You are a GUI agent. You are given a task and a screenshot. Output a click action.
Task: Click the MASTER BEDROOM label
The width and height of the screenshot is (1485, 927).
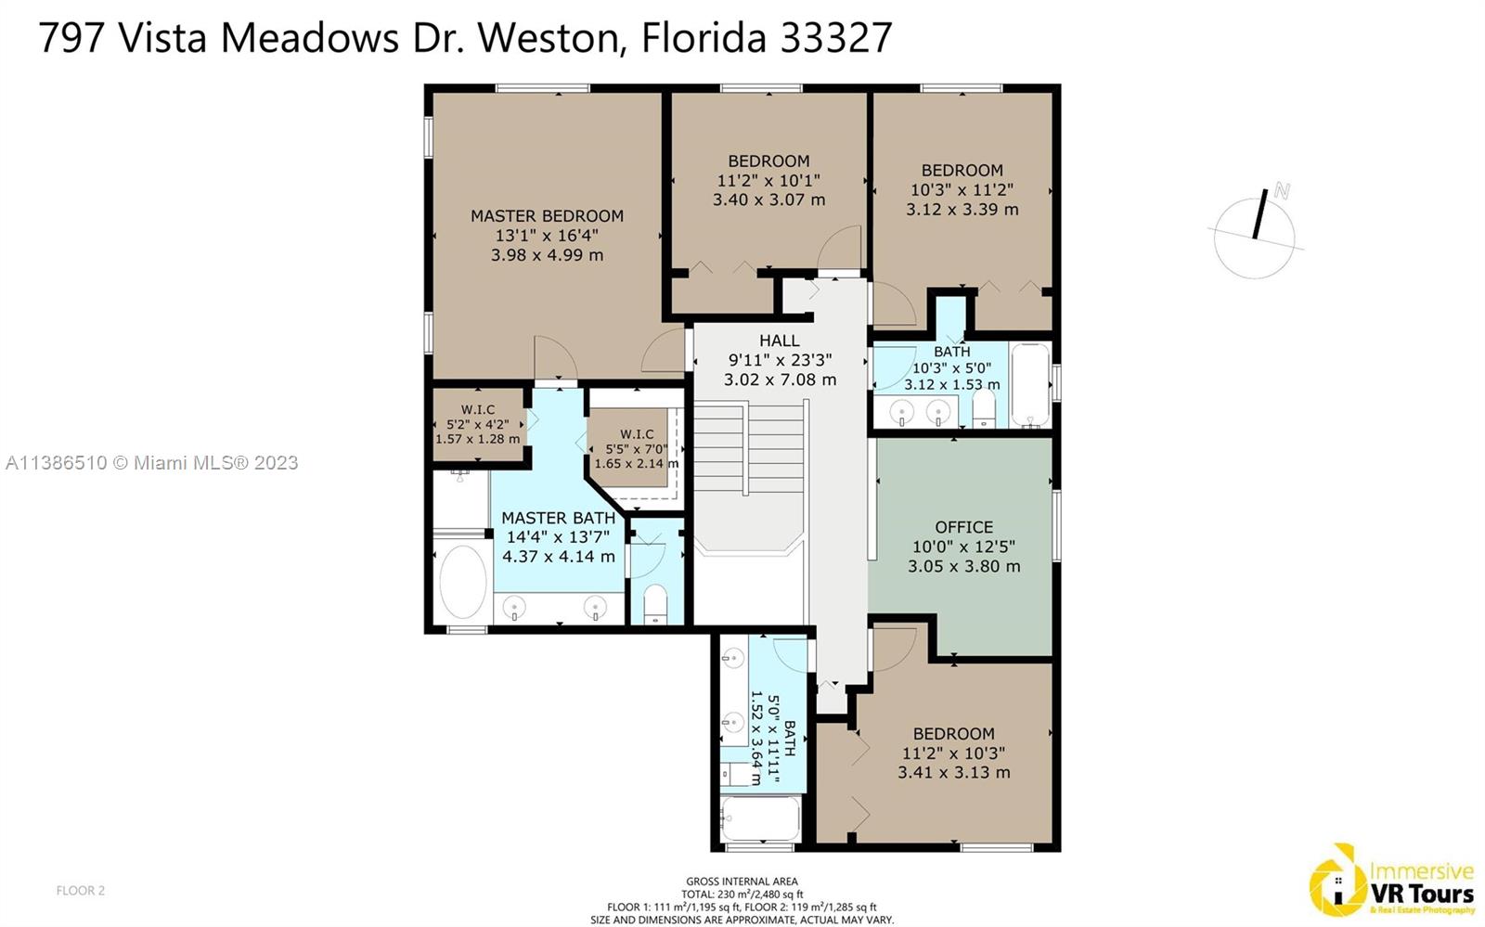coord(547,216)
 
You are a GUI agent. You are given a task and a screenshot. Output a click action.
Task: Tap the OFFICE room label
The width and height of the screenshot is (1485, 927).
coord(964,527)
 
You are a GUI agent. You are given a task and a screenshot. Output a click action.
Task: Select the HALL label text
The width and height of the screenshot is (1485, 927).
coord(780,341)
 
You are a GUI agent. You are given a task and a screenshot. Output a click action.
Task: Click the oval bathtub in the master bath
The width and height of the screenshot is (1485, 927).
coord(463,583)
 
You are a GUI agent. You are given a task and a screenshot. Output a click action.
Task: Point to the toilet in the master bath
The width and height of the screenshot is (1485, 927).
coord(655,604)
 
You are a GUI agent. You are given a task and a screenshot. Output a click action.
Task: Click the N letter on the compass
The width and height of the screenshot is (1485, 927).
coord(1282,191)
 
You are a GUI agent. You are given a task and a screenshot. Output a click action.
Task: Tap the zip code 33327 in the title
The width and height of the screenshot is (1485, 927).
coord(835,38)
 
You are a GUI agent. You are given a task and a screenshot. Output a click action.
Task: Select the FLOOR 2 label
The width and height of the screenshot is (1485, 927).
coord(80,891)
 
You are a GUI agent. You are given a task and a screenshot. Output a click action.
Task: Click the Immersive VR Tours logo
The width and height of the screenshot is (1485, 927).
coord(1391,880)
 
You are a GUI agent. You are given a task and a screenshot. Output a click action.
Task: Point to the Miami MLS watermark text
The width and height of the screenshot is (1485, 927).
coord(152,462)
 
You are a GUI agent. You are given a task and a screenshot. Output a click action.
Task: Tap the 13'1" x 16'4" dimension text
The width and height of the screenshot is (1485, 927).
coord(547,235)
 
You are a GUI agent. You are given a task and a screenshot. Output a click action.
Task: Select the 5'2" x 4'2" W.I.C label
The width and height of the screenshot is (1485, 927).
coord(477,424)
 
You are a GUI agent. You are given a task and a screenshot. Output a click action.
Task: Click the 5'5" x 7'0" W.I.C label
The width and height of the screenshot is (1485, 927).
coord(637,448)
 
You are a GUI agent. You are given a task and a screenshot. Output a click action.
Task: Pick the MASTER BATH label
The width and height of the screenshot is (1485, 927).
coord(558,518)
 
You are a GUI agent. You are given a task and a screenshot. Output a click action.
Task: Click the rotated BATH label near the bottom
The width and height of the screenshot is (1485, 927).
coord(790,739)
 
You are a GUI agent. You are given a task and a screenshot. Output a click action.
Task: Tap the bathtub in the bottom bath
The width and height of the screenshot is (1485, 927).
coord(761,819)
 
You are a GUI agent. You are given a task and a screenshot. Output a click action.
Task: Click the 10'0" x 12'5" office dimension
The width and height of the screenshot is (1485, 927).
coord(964,547)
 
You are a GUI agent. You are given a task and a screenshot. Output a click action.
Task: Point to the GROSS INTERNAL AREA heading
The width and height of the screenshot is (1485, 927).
coord(742,882)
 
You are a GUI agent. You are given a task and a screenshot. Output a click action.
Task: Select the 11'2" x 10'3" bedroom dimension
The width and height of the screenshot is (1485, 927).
coord(953,753)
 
